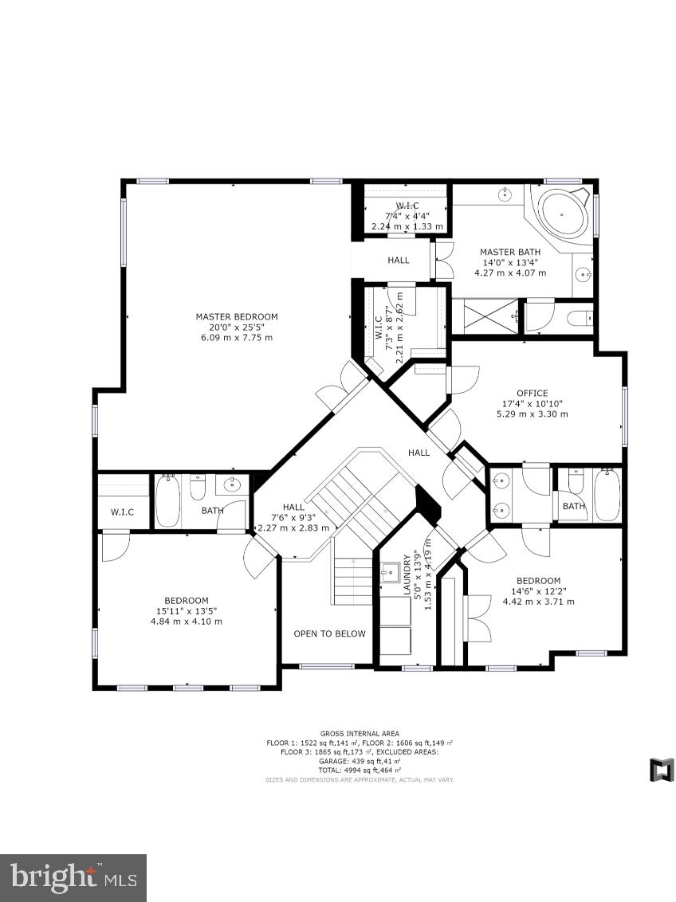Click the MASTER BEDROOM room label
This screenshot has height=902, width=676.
(237, 316)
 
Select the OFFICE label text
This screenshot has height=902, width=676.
(532, 393)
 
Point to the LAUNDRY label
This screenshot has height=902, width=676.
(407, 575)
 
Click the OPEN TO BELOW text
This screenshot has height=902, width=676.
(329, 633)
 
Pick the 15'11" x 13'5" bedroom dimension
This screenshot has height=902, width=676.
(187, 611)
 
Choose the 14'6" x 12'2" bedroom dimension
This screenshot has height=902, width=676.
(538, 591)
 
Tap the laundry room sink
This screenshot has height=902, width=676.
(391, 571)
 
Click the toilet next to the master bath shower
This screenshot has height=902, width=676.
(578, 319)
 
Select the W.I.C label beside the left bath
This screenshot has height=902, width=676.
(122, 511)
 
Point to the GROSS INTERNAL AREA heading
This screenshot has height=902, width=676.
(360, 733)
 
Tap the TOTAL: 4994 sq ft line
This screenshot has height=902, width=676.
(360, 770)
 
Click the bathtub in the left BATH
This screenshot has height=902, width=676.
(167, 502)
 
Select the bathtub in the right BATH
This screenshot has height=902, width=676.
(607, 496)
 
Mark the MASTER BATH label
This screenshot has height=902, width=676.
(510, 253)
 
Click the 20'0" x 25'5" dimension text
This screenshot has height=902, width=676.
(237, 327)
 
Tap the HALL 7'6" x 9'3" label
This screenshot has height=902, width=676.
(293, 516)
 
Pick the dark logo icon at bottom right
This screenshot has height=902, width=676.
(662, 770)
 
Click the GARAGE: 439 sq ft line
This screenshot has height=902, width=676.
(360, 761)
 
